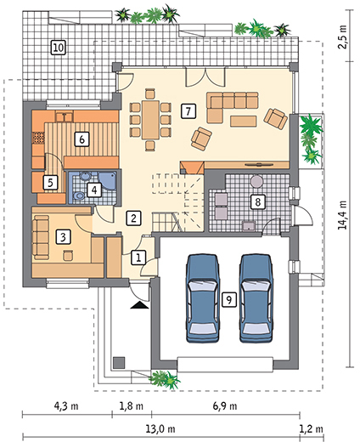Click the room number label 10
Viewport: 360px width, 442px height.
[x=58, y=47]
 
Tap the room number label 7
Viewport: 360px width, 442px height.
[x=188, y=110]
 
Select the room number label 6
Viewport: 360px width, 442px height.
[x=82, y=138]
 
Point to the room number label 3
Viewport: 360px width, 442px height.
[x=62, y=239]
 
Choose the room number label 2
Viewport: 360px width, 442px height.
[x=133, y=218]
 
